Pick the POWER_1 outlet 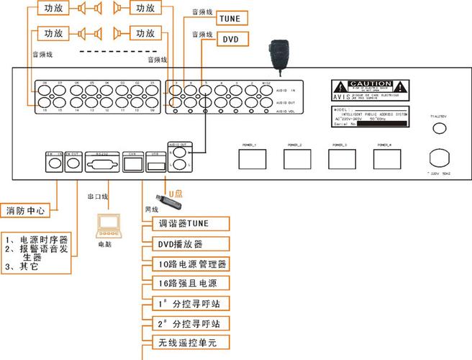pos(251,158)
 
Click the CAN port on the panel pos(131,163)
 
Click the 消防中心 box pos(26,212)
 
